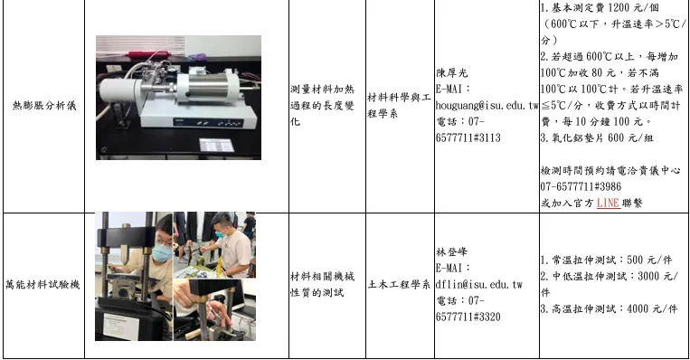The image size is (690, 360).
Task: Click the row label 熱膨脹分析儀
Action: (x=44, y=106)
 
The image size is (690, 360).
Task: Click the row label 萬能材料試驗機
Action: (x=43, y=285)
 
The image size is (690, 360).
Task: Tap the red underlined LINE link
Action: (x=608, y=203)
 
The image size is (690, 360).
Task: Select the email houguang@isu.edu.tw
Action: (x=487, y=106)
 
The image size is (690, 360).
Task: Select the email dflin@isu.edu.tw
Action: (x=479, y=285)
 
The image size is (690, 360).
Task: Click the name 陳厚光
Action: (x=451, y=73)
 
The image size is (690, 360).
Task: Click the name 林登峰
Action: (x=451, y=252)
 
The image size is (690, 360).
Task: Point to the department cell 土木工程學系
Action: (x=399, y=285)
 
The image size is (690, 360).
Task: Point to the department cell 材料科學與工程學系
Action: (x=399, y=106)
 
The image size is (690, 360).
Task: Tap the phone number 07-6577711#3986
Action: (x=581, y=186)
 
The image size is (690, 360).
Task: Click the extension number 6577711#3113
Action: (x=468, y=138)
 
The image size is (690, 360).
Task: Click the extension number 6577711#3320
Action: (x=468, y=317)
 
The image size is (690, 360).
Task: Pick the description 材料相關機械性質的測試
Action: (x=322, y=285)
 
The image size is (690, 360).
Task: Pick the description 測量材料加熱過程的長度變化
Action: (x=322, y=106)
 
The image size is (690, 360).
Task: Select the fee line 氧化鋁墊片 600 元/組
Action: (x=597, y=138)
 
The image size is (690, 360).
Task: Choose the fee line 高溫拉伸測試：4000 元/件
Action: (x=609, y=309)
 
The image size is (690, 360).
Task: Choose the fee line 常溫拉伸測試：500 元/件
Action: (x=607, y=261)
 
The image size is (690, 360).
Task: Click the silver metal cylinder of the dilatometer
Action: (x=208, y=87)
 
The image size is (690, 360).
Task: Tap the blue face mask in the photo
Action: (x=162, y=252)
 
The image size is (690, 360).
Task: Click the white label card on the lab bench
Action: (x=216, y=146)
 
